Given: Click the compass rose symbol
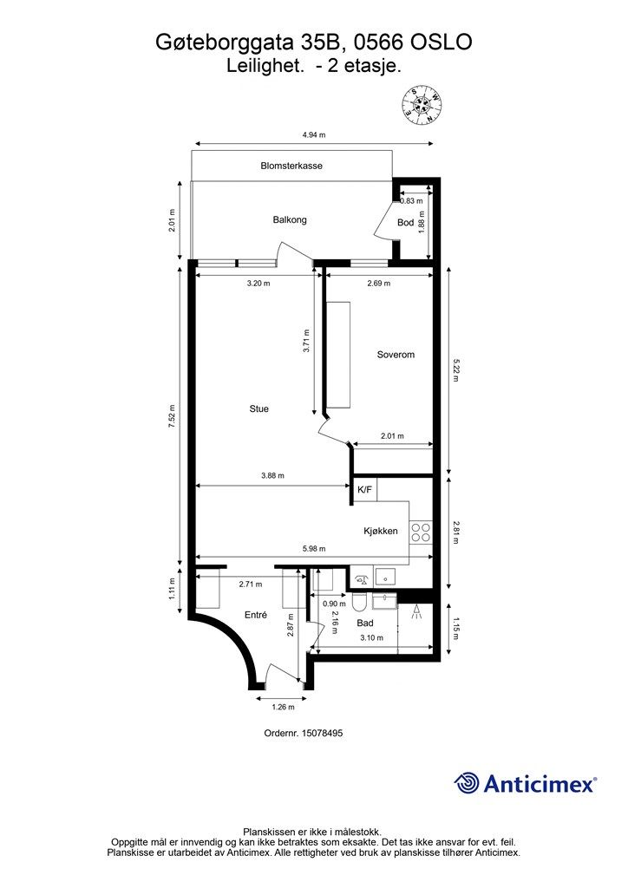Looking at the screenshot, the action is pyautogui.click(x=422, y=104).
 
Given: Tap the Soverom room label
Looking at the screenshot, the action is pyautogui.click(x=396, y=355).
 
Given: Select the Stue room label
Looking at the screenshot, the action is pyautogui.click(x=258, y=408).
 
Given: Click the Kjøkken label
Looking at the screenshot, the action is pyautogui.click(x=381, y=532).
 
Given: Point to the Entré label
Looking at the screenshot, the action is pyautogui.click(x=255, y=615).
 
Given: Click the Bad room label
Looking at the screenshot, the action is pyautogui.click(x=365, y=623).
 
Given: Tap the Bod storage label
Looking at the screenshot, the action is pyautogui.click(x=405, y=223).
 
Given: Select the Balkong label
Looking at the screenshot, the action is pyautogui.click(x=290, y=219).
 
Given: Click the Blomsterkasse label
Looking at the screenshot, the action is pyautogui.click(x=291, y=166).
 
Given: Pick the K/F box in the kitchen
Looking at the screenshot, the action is pyautogui.click(x=364, y=490).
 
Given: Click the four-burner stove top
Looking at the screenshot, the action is pyautogui.click(x=421, y=532).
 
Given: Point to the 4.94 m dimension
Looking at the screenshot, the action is pyautogui.click(x=314, y=134).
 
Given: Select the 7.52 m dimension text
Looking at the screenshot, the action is pyautogui.click(x=172, y=416).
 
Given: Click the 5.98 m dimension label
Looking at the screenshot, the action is pyautogui.click(x=314, y=548).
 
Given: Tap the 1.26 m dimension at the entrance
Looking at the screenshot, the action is pyautogui.click(x=283, y=707).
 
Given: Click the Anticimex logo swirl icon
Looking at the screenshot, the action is pyautogui.click(x=466, y=783).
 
